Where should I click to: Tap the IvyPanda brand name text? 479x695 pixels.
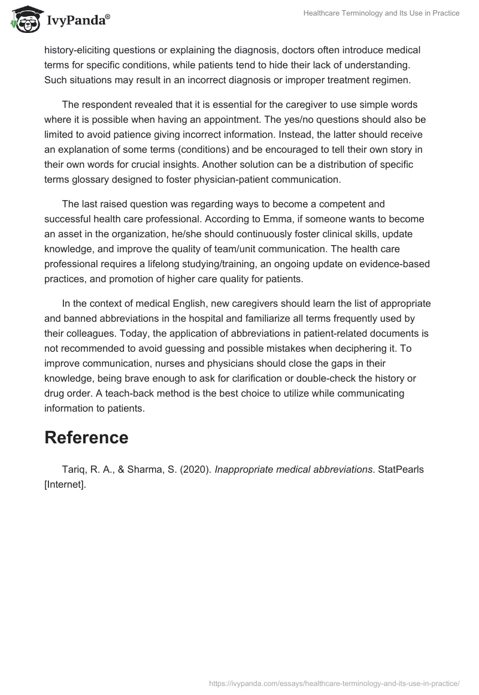click(x=77, y=21)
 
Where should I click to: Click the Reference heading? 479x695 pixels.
click(x=86, y=437)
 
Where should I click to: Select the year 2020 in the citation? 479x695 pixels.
click(x=195, y=469)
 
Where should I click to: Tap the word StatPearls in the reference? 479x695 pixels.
click(x=401, y=469)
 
